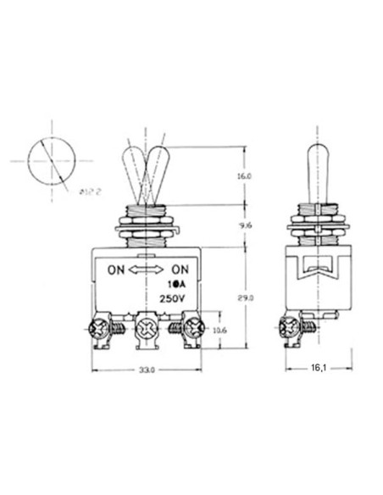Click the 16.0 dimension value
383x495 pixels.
(x=246, y=175)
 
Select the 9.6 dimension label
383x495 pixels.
(x=246, y=225)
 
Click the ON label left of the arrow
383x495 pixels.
(x=116, y=270)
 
